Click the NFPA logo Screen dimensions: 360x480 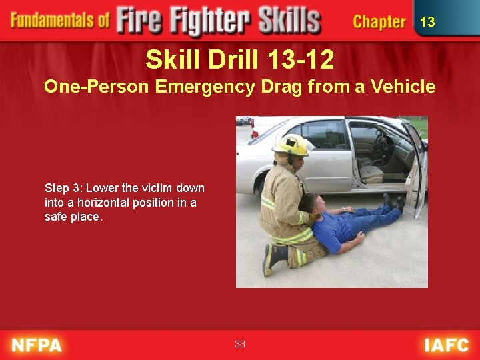point(36,345)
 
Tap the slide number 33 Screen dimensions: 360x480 point(240,344)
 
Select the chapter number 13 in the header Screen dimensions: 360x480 point(427,22)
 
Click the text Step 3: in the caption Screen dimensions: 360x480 point(63,188)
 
